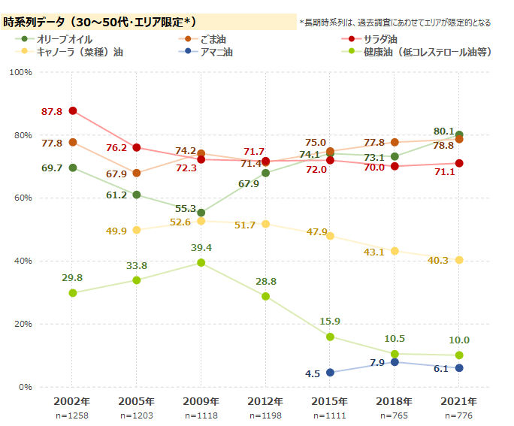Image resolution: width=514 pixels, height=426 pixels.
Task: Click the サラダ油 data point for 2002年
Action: click(73, 110)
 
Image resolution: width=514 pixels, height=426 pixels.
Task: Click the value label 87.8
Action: click(52, 111)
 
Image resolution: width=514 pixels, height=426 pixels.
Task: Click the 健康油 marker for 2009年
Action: click(201, 262)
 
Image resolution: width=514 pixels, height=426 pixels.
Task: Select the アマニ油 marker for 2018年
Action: click(395, 362)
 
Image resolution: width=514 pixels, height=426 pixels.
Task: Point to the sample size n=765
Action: click(395, 415)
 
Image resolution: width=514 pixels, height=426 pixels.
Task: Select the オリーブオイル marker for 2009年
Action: click(201, 213)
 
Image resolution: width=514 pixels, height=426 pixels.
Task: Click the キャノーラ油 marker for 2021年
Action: click(459, 260)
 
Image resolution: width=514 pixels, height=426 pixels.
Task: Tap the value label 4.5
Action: click(313, 373)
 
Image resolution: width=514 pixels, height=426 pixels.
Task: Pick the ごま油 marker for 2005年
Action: click(137, 173)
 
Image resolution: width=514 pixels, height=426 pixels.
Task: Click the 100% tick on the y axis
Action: click(20, 72)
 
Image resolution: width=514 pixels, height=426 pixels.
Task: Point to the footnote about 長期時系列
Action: click(395, 23)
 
